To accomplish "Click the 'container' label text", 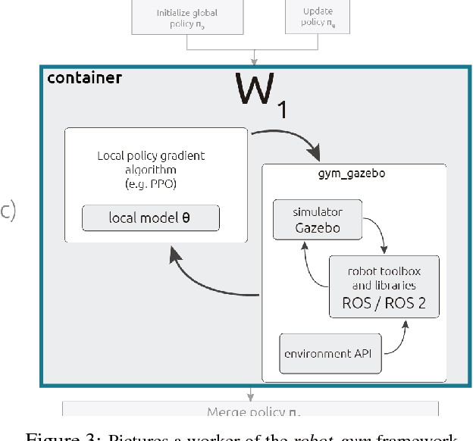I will point(84,78).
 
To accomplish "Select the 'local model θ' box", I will point(151,218).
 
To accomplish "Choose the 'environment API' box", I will point(330,353).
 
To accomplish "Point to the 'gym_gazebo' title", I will point(354,174).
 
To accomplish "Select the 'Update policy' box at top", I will point(318,17).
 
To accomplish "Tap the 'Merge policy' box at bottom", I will point(250,410).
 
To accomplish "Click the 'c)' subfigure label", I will point(8,211).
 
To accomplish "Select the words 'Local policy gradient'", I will point(151,156).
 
